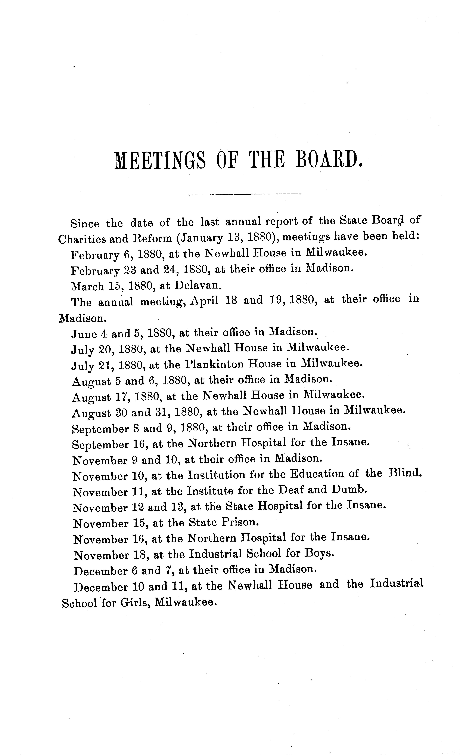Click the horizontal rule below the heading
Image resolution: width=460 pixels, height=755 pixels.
tap(245, 194)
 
